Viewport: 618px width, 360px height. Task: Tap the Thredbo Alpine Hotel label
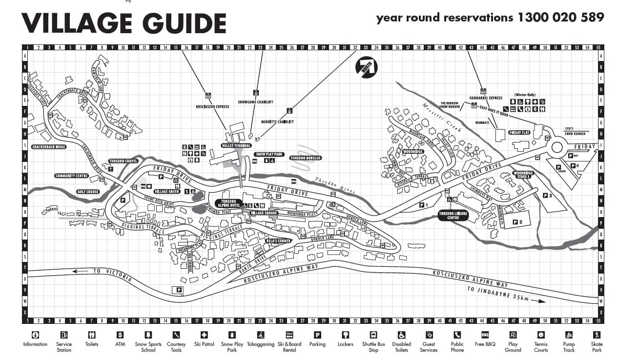pos(228,203)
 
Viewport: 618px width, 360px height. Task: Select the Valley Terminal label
pos(236,145)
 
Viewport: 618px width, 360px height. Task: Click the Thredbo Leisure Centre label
pos(453,216)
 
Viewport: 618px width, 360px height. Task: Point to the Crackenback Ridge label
pos(48,146)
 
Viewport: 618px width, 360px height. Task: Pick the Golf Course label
pos(88,192)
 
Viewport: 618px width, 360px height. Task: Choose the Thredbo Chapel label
pos(124,161)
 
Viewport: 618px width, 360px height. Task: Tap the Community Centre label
pos(72,176)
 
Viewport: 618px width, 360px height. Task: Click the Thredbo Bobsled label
pos(306,158)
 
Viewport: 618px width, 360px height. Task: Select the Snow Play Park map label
pos(269,154)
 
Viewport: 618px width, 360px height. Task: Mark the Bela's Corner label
pos(278,241)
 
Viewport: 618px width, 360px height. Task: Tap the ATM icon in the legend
pos(120,335)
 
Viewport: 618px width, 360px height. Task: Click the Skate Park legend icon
pos(597,335)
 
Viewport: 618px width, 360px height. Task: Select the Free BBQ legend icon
pos(485,335)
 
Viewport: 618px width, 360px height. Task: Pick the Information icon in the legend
pos(35,335)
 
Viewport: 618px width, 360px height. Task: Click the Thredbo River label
pos(334,184)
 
